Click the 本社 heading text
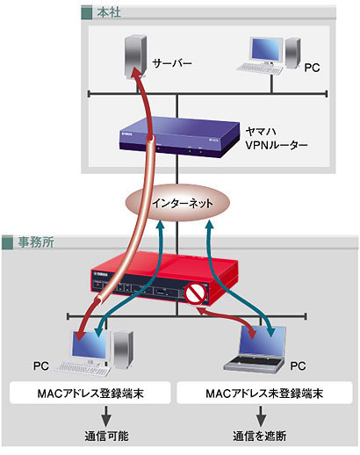coord(109,12)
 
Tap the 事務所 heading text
coord(36,242)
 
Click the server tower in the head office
coord(134,56)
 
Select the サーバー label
coord(172,63)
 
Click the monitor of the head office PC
coord(266,50)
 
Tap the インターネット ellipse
coord(177,203)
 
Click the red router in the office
coord(164,278)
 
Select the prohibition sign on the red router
coord(195,293)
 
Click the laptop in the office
coord(255,349)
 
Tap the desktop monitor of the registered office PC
coord(90,345)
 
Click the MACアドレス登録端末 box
coord(90,393)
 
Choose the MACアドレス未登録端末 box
coord(264,393)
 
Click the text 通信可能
coord(106,436)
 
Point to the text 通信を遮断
coord(260,436)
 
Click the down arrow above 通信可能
coord(106,415)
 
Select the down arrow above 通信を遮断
coord(261,415)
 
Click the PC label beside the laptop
coord(298,366)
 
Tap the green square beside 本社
coord(87,13)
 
